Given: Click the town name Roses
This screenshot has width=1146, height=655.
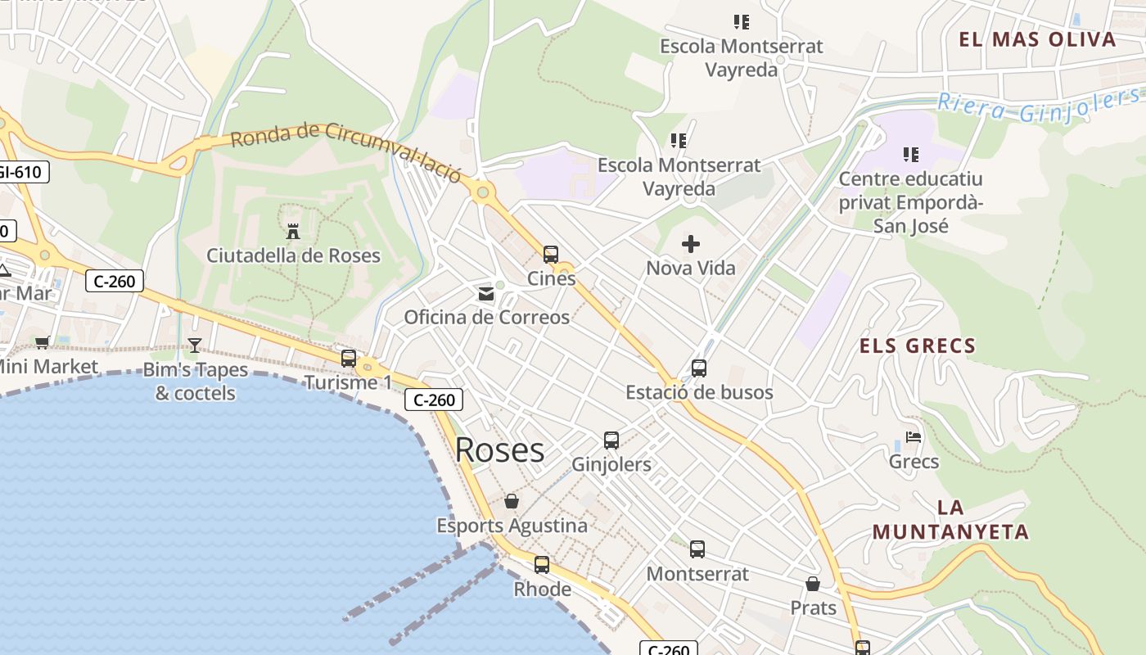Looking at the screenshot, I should pos(499,450).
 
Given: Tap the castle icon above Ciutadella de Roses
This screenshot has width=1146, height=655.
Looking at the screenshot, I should pos(293,231).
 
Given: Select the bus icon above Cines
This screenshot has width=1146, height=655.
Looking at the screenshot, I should pos(551,254).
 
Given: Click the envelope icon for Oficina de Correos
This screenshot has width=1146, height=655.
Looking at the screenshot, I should pos(486,293).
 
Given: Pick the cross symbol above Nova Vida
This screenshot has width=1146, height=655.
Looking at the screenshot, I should pos(691,243).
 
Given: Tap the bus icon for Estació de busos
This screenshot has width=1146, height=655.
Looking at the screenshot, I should pos(698,368).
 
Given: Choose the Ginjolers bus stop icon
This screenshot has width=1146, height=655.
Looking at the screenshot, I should pos(611,440).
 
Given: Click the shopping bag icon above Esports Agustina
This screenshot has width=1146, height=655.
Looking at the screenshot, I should pos(512,500).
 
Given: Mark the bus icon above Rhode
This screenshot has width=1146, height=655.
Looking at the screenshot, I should pos(542,564).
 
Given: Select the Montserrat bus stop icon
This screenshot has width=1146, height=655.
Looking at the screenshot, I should pos(697,549).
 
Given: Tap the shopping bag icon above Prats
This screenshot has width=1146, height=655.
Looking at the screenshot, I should pos(813,584).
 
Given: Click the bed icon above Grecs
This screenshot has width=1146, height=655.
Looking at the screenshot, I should pos(914,437).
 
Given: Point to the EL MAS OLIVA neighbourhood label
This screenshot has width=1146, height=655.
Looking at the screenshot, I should pos(1037,39).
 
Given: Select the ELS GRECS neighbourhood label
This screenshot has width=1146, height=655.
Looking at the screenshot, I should pos(918,346).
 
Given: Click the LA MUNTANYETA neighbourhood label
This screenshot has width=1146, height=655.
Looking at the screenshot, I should pos(950,519).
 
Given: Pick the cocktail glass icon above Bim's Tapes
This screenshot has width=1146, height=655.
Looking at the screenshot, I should pos(195,345).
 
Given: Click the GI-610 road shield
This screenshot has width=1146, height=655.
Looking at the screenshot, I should pos(23,172).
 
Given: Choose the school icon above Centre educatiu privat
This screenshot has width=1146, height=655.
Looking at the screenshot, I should pos(911,154).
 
